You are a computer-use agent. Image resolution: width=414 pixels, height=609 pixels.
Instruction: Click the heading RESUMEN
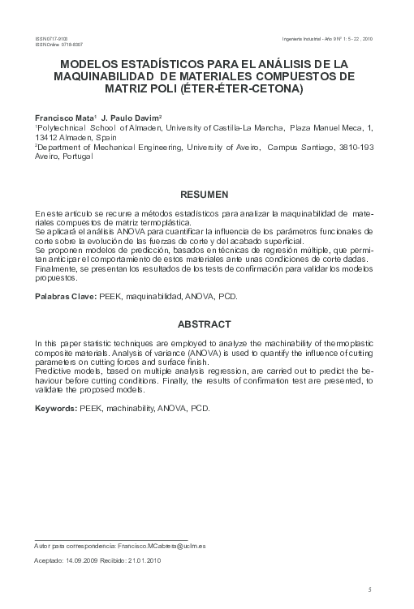206,195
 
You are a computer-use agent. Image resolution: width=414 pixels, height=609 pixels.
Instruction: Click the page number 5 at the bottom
369,589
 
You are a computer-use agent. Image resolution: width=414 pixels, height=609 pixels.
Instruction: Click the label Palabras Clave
64,298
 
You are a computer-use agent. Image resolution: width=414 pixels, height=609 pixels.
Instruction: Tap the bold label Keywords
55,408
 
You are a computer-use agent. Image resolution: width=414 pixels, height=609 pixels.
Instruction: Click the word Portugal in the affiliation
75,157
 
